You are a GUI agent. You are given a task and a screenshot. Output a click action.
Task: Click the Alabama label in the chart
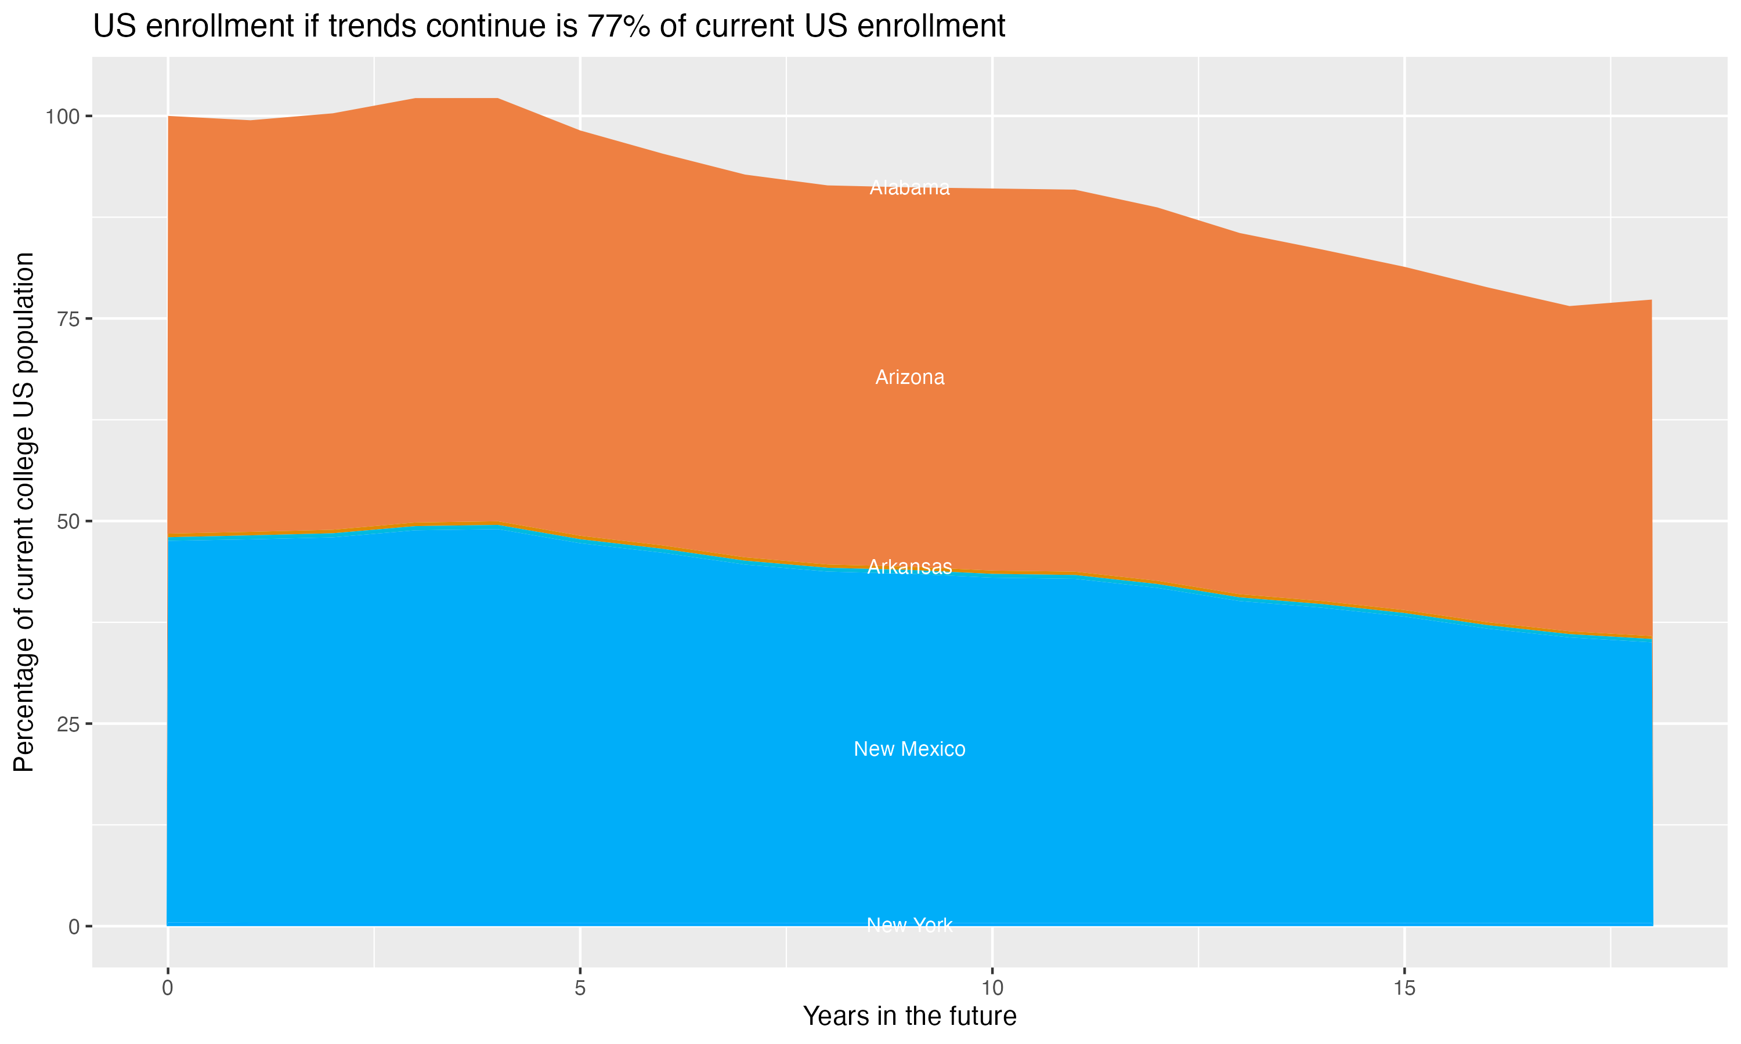point(909,188)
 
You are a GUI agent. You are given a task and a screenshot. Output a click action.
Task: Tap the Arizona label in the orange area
point(909,378)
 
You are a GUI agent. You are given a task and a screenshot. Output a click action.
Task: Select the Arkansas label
point(909,567)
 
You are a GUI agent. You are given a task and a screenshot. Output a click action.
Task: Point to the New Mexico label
point(909,749)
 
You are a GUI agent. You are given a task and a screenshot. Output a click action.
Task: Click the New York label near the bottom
point(909,925)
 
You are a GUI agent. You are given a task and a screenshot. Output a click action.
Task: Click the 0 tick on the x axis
point(168,988)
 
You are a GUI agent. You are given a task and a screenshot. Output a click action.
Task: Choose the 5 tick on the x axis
point(580,988)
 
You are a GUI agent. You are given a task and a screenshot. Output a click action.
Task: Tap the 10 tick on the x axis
point(992,988)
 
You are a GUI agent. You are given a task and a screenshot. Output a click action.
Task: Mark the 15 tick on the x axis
point(1404,988)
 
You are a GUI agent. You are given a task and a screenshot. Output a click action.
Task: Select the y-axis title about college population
point(24,512)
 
